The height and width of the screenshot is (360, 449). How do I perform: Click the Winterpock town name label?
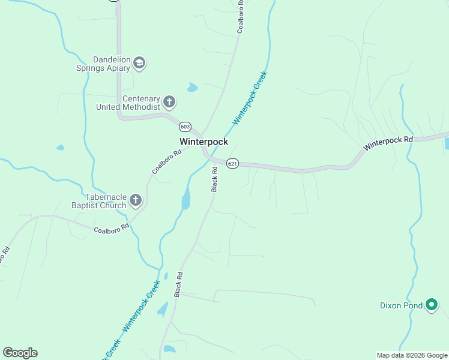[x=203, y=142]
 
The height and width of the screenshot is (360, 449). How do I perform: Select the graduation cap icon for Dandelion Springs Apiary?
[x=139, y=63]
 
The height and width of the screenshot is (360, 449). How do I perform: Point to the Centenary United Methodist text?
[x=128, y=103]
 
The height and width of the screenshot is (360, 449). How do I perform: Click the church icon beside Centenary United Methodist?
[x=169, y=102]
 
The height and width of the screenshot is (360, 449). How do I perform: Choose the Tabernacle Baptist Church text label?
[x=106, y=201]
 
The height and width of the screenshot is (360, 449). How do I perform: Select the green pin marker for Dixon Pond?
[x=432, y=305]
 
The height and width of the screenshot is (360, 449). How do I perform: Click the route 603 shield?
[x=185, y=127]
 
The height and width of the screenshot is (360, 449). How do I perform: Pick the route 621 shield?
[x=233, y=163]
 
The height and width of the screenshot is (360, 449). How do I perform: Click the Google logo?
[x=20, y=353]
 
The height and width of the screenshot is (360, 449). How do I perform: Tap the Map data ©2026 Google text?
[x=411, y=355]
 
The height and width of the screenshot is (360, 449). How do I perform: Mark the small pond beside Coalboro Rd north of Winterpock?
[x=192, y=88]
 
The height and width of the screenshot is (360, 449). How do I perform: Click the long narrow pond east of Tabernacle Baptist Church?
[x=186, y=198]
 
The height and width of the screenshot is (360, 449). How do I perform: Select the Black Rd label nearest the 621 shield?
[x=214, y=179]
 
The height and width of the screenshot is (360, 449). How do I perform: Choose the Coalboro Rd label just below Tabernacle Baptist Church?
[x=112, y=227]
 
